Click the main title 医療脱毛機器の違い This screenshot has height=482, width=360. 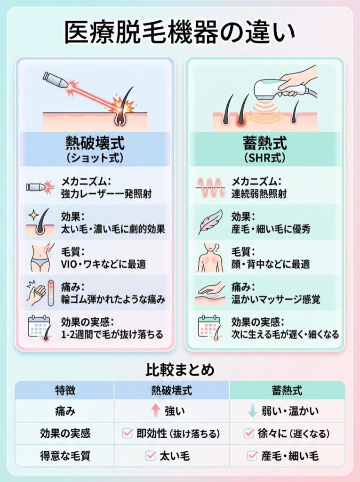pyautogui.click(x=180, y=32)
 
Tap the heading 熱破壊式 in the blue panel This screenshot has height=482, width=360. pyautogui.click(x=95, y=143)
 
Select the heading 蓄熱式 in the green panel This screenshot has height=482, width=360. pyautogui.click(x=264, y=143)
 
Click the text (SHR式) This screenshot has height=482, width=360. pyautogui.click(x=264, y=158)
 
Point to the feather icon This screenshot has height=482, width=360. pyautogui.click(x=211, y=222)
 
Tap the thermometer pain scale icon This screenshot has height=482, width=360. pyautogui.click(x=51, y=293)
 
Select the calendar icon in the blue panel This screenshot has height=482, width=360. pyautogui.click(x=39, y=328)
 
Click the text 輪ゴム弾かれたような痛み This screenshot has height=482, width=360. pyautogui.click(x=113, y=299)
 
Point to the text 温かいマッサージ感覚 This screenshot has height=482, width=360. pyautogui.click(x=275, y=299)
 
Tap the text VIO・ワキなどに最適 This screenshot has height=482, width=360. pyautogui.click(x=104, y=264)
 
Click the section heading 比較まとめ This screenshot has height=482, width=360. pyautogui.click(x=180, y=370)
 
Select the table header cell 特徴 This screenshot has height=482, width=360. pyautogui.click(x=65, y=390)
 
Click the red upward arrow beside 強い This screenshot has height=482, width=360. pyautogui.click(x=156, y=411)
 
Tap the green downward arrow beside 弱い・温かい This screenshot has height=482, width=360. pyautogui.click(x=252, y=411)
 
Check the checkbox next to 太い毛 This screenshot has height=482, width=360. pyautogui.click(x=151, y=455)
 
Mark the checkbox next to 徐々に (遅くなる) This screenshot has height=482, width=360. pyautogui.click(x=248, y=433)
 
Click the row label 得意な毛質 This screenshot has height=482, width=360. pyautogui.click(x=65, y=456)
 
